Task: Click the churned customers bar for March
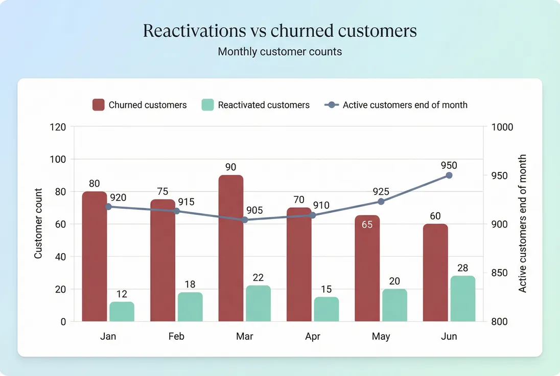[x=231, y=248]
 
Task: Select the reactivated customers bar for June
[x=462, y=299]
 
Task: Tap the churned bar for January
[x=95, y=256]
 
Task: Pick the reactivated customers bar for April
[x=326, y=309]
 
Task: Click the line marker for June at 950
[x=449, y=175]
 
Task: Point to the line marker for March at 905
[x=245, y=219]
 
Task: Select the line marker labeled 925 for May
[x=381, y=202]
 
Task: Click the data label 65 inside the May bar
[x=367, y=225]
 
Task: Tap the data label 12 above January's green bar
[x=122, y=294]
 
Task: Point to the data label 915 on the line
[x=186, y=202]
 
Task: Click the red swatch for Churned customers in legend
[x=98, y=105]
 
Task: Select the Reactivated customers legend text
[x=264, y=105]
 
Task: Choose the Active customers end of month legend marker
[x=332, y=105]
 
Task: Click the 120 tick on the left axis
[x=59, y=127]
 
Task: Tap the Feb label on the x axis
[x=176, y=336]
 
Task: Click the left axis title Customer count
[x=38, y=224]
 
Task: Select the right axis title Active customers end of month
[x=522, y=224]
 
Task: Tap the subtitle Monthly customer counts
[x=279, y=52]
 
